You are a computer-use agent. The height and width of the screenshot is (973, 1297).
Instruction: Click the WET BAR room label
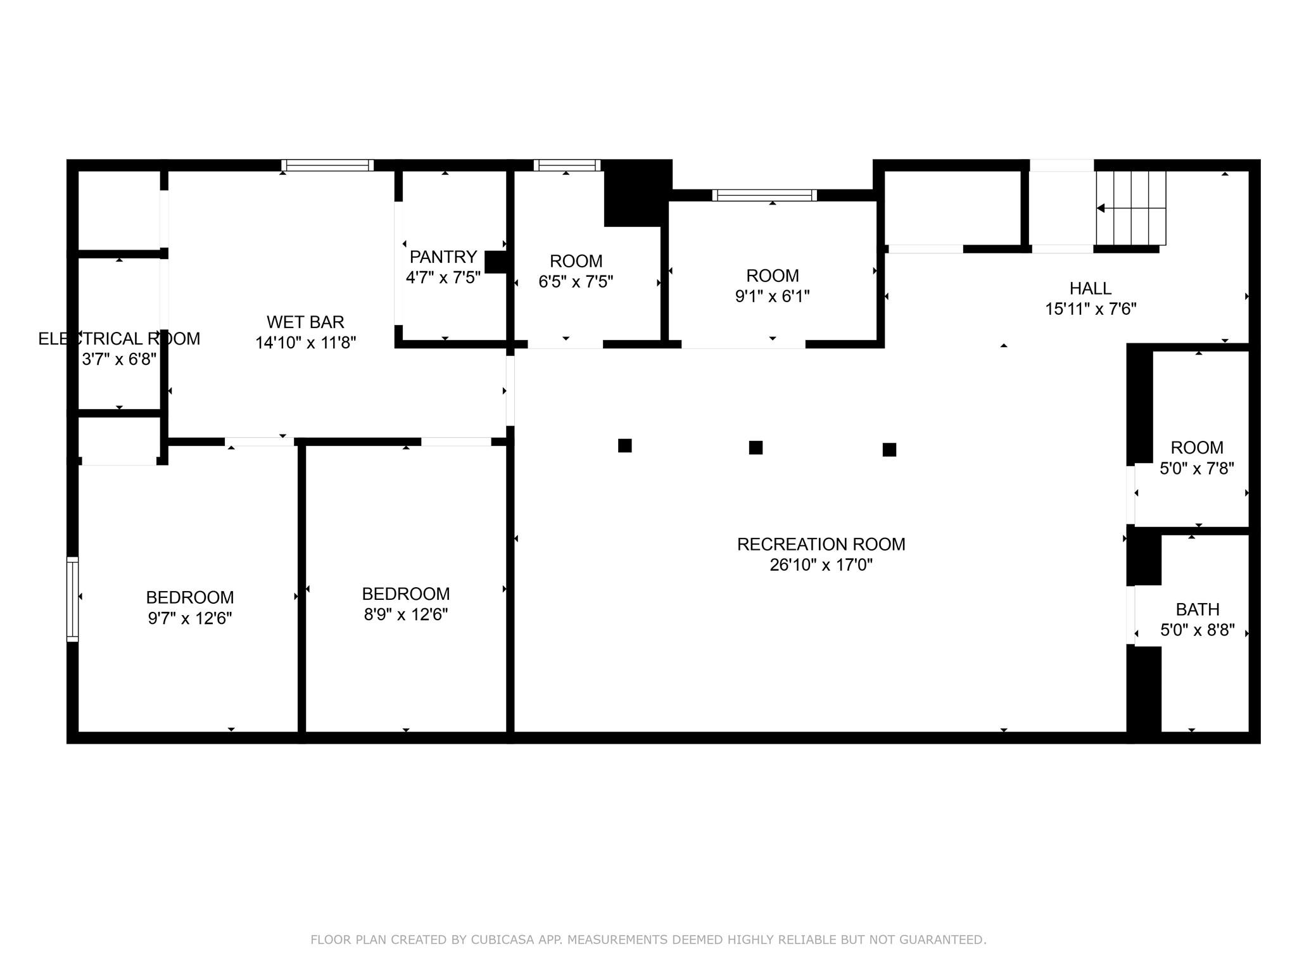click(x=305, y=322)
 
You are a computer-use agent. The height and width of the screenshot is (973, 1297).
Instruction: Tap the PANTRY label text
click(x=443, y=257)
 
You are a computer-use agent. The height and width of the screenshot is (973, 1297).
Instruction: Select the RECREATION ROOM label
click(x=821, y=544)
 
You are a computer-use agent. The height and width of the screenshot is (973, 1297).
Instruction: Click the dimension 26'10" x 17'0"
click(x=821, y=564)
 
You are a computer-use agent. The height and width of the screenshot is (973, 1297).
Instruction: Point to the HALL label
click(x=1090, y=288)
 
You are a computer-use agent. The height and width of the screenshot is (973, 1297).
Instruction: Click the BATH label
click(x=1197, y=609)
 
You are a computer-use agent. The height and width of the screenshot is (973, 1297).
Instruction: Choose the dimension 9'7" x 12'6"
click(x=190, y=618)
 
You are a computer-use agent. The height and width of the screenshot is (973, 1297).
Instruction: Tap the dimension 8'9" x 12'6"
click(x=405, y=614)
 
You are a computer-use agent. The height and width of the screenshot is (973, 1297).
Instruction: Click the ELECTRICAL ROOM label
click(x=119, y=339)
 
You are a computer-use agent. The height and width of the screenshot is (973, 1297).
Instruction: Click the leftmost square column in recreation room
click(x=624, y=445)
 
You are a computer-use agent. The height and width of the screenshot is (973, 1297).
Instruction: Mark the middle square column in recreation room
click(x=755, y=447)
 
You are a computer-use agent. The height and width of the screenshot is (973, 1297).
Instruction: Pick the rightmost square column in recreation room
click(x=889, y=449)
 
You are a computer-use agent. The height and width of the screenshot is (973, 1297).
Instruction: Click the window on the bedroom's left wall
click(x=73, y=599)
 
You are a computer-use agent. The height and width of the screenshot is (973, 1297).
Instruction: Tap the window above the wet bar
click(x=327, y=165)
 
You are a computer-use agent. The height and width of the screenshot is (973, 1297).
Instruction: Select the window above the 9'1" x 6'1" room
click(x=764, y=195)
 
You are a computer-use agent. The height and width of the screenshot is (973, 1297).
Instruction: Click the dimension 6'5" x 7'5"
click(x=576, y=281)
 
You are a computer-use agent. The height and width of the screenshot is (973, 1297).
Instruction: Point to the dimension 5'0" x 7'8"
click(x=1196, y=469)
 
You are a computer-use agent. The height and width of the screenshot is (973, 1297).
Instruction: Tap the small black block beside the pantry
click(x=495, y=262)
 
